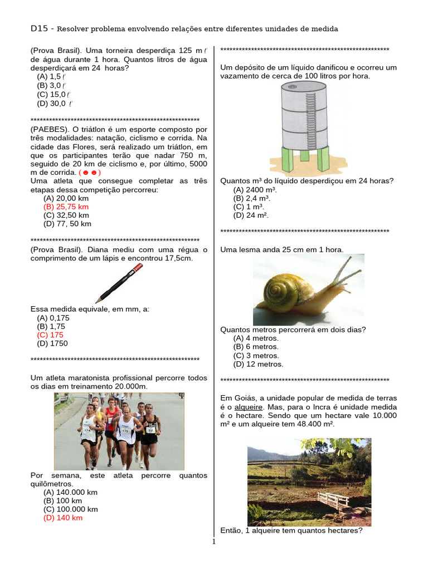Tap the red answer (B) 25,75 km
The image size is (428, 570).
pos(66,207)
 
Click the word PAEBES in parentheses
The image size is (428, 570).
pos(47,129)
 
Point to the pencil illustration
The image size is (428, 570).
pos(119,283)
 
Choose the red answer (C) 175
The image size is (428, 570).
pos(50,335)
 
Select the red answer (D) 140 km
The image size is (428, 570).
pos(62,518)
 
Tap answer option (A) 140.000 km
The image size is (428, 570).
pos(70,492)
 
